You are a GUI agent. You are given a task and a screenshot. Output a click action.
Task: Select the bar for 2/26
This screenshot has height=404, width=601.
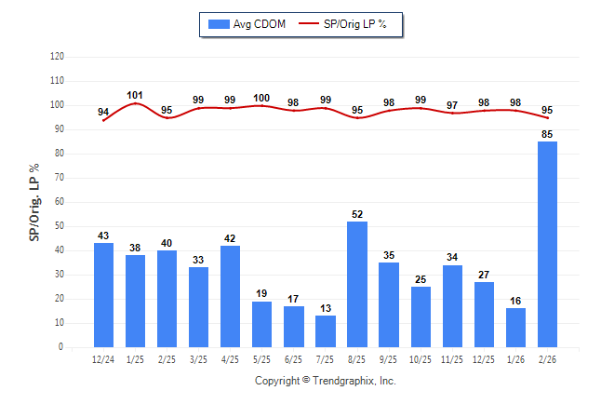pos(547,244)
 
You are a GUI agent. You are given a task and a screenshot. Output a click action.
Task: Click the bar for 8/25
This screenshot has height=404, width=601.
pos(357,284)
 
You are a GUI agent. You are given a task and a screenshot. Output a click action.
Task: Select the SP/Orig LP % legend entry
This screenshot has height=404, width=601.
pos(348,23)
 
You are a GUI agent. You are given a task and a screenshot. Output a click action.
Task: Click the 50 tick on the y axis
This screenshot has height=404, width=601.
pos(59,226)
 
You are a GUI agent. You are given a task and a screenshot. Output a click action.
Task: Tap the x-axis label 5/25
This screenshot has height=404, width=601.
pos(261,359)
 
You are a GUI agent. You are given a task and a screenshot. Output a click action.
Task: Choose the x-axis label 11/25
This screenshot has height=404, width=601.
pos(452,359)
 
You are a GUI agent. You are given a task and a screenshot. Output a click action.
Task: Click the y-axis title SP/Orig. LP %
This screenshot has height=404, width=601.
pos(34,201)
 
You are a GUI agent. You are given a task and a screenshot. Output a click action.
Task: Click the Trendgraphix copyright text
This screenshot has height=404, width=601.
pos(326,381)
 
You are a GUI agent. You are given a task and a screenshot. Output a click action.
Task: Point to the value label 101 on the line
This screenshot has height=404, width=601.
pos(135,95)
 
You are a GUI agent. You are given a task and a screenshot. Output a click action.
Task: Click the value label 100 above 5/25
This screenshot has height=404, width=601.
pos(261,98)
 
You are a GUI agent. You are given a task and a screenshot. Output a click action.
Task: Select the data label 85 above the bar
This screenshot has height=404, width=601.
pos(547,134)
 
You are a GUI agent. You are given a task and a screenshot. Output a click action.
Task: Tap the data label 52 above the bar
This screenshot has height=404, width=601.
pos(357,214)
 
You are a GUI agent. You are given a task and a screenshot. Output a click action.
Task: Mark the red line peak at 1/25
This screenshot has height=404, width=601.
pos(135,103)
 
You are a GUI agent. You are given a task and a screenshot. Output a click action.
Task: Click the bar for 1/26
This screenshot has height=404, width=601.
pos(515,328)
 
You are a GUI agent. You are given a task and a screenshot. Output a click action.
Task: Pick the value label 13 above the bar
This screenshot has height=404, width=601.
pos(326,309)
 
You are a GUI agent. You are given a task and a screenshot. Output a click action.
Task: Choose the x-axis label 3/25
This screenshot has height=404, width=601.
pos(198,359)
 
